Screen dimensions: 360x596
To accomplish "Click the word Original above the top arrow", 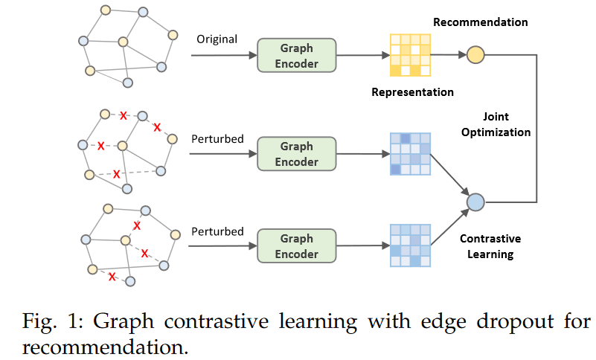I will (x=217, y=39).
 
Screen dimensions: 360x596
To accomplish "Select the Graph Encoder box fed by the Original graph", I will (x=296, y=56).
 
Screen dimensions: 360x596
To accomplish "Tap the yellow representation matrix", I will (x=410, y=56).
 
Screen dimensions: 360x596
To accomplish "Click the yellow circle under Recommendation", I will (x=475, y=54).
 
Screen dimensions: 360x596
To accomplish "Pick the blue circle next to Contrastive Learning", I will (x=475, y=202).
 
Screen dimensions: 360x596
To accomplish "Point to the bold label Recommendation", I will (x=480, y=22).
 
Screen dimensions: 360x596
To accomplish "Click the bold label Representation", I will (x=412, y=92).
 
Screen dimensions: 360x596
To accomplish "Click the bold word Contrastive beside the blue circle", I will (x=490, y=239).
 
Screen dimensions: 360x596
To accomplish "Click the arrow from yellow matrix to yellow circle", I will (x=448, y=54).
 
